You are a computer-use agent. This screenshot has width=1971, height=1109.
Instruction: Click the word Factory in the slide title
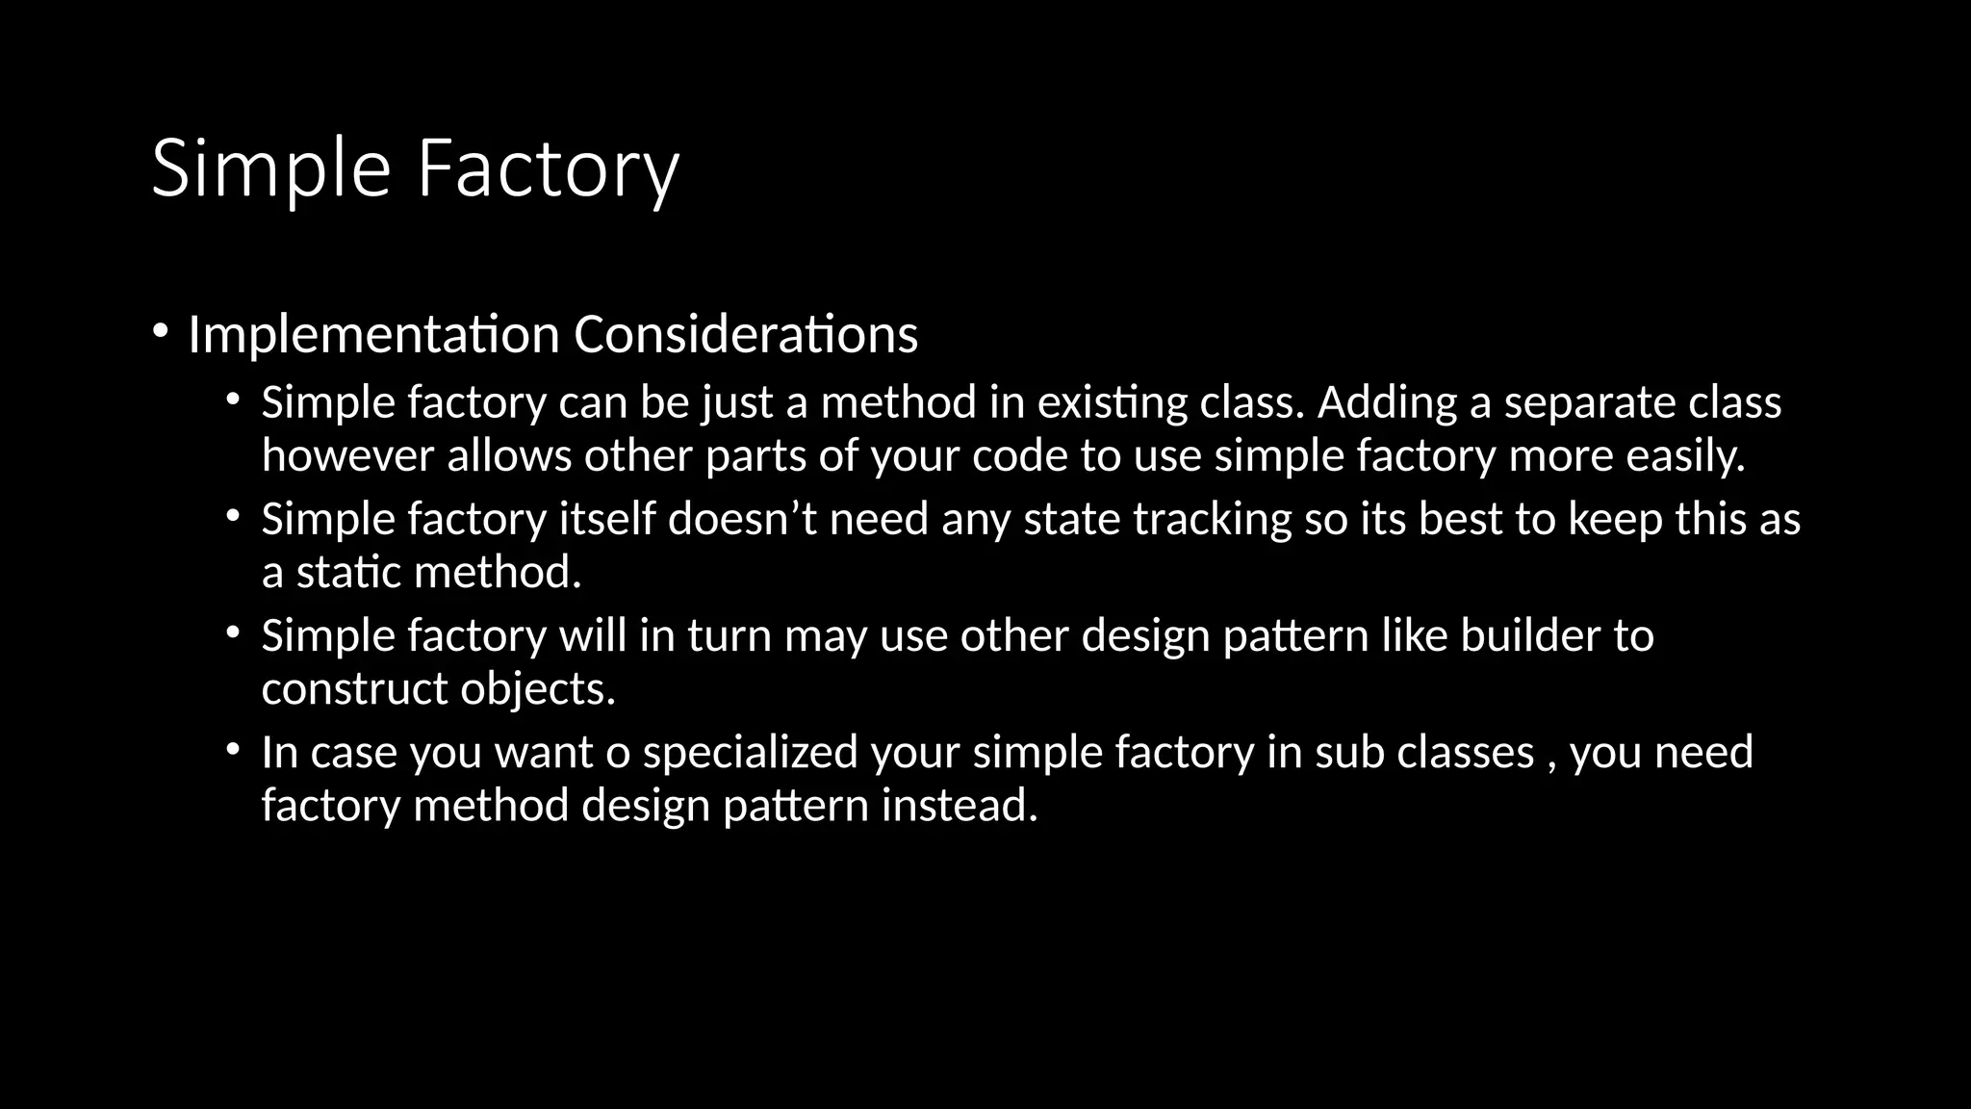(548, 169)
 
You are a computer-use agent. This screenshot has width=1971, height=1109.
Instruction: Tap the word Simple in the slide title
(270, 169)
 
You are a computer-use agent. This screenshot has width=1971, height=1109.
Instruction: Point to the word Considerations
(746, 335)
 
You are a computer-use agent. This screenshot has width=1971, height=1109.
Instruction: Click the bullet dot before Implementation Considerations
(160, 331)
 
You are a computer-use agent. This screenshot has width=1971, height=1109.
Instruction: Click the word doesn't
(742, 520)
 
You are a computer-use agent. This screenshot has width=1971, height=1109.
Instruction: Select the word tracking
(1212, 520)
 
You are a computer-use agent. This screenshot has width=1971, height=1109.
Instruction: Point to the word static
(348, 573)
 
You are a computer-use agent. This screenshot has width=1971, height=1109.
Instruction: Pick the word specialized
(750, 753)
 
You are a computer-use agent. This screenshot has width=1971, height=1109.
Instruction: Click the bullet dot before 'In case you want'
(232, 749)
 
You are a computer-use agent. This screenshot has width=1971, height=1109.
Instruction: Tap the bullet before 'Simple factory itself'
(232, 516)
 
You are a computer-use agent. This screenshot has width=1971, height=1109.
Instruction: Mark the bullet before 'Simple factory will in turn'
(232, 632)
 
